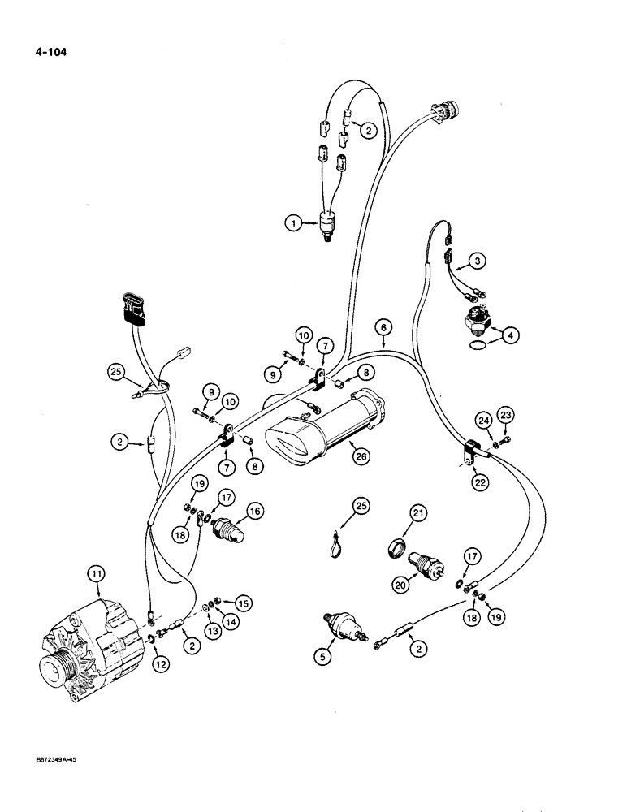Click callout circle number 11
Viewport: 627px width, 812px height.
coord(97,576)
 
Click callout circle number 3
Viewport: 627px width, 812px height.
coord(479,261)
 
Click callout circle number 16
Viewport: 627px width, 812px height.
coord(256,511)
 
